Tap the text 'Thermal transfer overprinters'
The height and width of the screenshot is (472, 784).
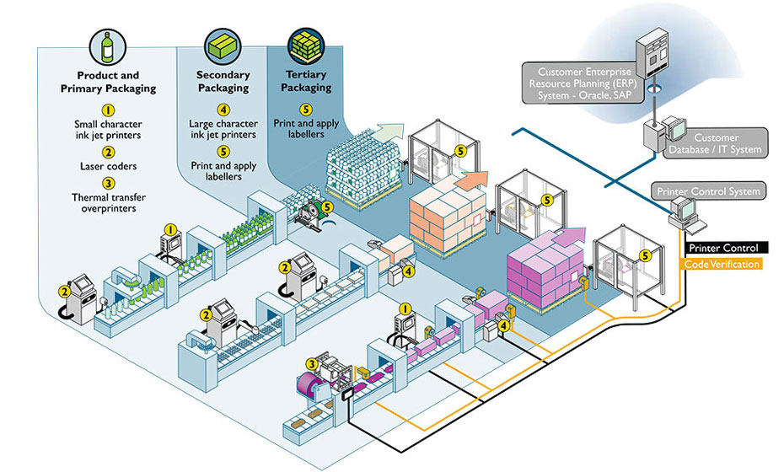click(108, 202)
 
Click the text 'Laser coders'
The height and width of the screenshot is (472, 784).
click(108, 167)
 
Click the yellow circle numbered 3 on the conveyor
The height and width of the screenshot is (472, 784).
click(312, 364)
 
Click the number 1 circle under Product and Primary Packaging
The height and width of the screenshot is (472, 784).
click(108, 110)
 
